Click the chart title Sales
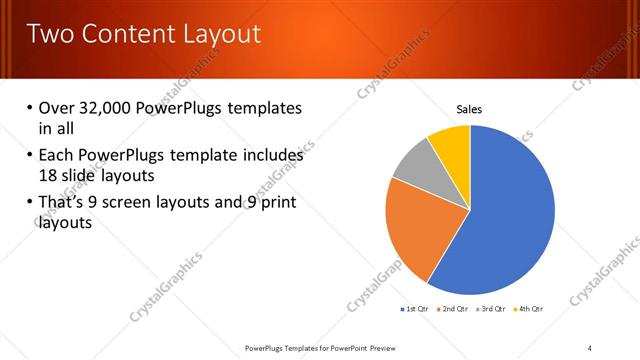pyautogui.click(x=469, y=109)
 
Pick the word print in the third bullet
pyautogui.click(x=277, y=203)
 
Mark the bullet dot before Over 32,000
pyautogui.click(x=29, y=108)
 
